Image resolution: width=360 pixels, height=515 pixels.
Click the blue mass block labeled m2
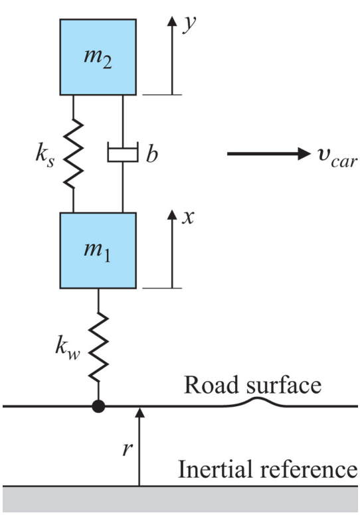(98, 57)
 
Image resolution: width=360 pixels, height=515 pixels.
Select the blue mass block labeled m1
(98, 251)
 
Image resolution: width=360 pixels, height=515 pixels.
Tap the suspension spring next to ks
(73, 154)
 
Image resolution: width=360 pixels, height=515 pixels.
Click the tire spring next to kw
(98, 347)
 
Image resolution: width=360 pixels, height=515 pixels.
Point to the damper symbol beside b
(123, 153)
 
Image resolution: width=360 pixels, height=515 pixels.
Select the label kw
(67, 348)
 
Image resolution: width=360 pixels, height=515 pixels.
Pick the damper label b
(152, 153)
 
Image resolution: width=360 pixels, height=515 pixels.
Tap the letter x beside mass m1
(188, 217)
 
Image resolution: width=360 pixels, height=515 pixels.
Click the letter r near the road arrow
(128, 449)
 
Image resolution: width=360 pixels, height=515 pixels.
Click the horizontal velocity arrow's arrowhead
(304, 153)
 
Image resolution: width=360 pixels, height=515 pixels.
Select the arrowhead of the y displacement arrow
(172, 21)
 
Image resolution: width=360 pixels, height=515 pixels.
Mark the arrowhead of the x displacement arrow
(172, 215)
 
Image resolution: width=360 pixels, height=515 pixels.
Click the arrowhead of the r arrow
(139, 413)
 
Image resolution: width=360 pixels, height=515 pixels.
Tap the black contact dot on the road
(98, 406)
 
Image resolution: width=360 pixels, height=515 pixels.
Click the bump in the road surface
(258, 402)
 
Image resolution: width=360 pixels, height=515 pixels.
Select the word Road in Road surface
(214, 384)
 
